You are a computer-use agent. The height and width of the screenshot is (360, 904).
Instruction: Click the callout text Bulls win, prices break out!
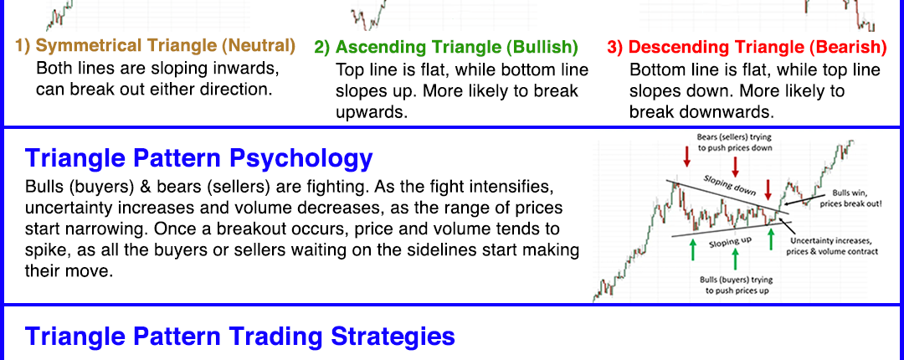pos(850,199)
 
